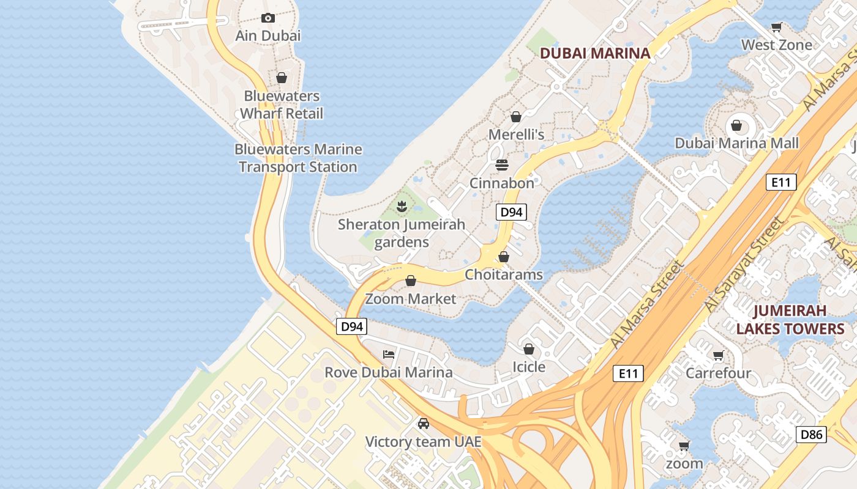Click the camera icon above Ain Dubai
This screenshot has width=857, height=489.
click(268, 18)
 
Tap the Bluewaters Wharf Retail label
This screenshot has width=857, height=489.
click(282, 105)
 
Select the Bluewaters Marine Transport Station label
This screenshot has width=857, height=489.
click(298, 158)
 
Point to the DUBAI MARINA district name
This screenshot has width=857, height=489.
click(595, 53)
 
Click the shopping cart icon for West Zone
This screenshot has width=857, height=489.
click(777, 27)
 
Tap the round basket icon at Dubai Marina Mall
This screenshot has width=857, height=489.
click(736, 125)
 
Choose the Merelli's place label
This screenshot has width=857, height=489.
click(516, 134)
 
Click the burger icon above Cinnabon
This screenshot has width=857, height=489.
click(502, 165)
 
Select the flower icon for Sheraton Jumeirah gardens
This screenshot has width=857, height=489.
click(402, 207)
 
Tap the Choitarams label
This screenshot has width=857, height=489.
click(504, 274)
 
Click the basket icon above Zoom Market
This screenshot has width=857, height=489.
click(411, 281)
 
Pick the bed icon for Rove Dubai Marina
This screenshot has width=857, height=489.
click(389, 354)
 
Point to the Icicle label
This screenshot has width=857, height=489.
click(528, 366)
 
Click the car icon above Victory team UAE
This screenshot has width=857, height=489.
click(423, 423)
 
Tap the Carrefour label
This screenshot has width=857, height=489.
click(718, 372)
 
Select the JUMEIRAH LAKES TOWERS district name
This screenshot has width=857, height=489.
click(790, 320)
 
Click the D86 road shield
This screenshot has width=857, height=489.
click(812, 435)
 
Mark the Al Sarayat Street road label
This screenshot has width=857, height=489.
click(744, 265)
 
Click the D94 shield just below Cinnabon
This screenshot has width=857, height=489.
click(511, 212)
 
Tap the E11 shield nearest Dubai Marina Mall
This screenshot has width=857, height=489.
click(781, 182)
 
